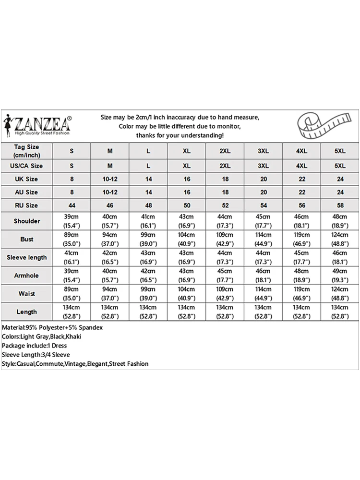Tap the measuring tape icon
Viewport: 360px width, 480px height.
pos(321,126)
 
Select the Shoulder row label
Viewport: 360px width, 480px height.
pos(27,221)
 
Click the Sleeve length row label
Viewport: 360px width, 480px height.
pos(27,257)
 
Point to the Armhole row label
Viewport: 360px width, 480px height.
pos(27,276)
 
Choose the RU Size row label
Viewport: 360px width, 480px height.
pos(27,205)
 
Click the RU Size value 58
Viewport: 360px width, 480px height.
pos(340,205)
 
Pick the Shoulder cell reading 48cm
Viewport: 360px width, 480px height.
pos(340,221)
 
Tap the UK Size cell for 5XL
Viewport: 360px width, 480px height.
pos(340,179)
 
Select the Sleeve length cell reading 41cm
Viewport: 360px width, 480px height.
pos(72,257)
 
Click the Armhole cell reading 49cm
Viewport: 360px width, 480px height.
pos(340,276)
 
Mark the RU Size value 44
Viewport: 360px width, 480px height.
pos(72,205)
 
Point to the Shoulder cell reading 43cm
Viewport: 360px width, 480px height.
pos(187,221)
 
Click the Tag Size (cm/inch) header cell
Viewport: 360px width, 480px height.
pos(27,151)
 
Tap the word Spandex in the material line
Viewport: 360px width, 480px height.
pos(91,327)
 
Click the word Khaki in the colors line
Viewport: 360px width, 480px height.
pos(73,336)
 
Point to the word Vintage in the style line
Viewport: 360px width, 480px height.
pos(72,364)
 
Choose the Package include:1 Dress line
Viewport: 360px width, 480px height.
pos(34,346)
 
